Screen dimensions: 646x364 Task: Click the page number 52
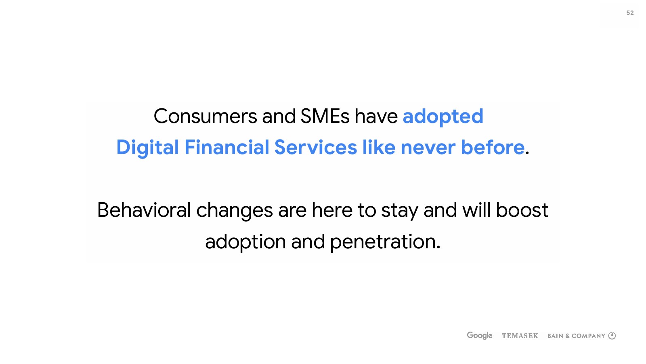click(x=630, y=13)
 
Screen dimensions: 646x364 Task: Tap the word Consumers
click(x=205, y=116)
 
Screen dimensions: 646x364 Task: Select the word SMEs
click(x=325, y=116)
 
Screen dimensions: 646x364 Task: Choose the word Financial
click(x=227, y=147)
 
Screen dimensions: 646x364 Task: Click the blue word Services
click(x=315, y=147)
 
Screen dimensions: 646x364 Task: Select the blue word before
click(x=493, y=147)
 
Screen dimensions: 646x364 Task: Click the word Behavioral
click(x=144, y=210)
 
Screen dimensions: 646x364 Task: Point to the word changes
click(x=235, y=212)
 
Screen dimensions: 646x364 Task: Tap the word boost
click(x=522, y=210)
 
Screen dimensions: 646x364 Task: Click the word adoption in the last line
click(x=245, y=243)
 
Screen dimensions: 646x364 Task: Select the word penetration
click(x=385, y=243)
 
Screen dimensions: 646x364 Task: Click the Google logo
click(x=480, y=335)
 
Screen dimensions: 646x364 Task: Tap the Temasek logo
click(x=520, y=336)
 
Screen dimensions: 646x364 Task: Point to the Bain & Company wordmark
click(x=576, y=336)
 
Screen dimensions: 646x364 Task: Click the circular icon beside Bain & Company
click(x=612, y=336)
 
